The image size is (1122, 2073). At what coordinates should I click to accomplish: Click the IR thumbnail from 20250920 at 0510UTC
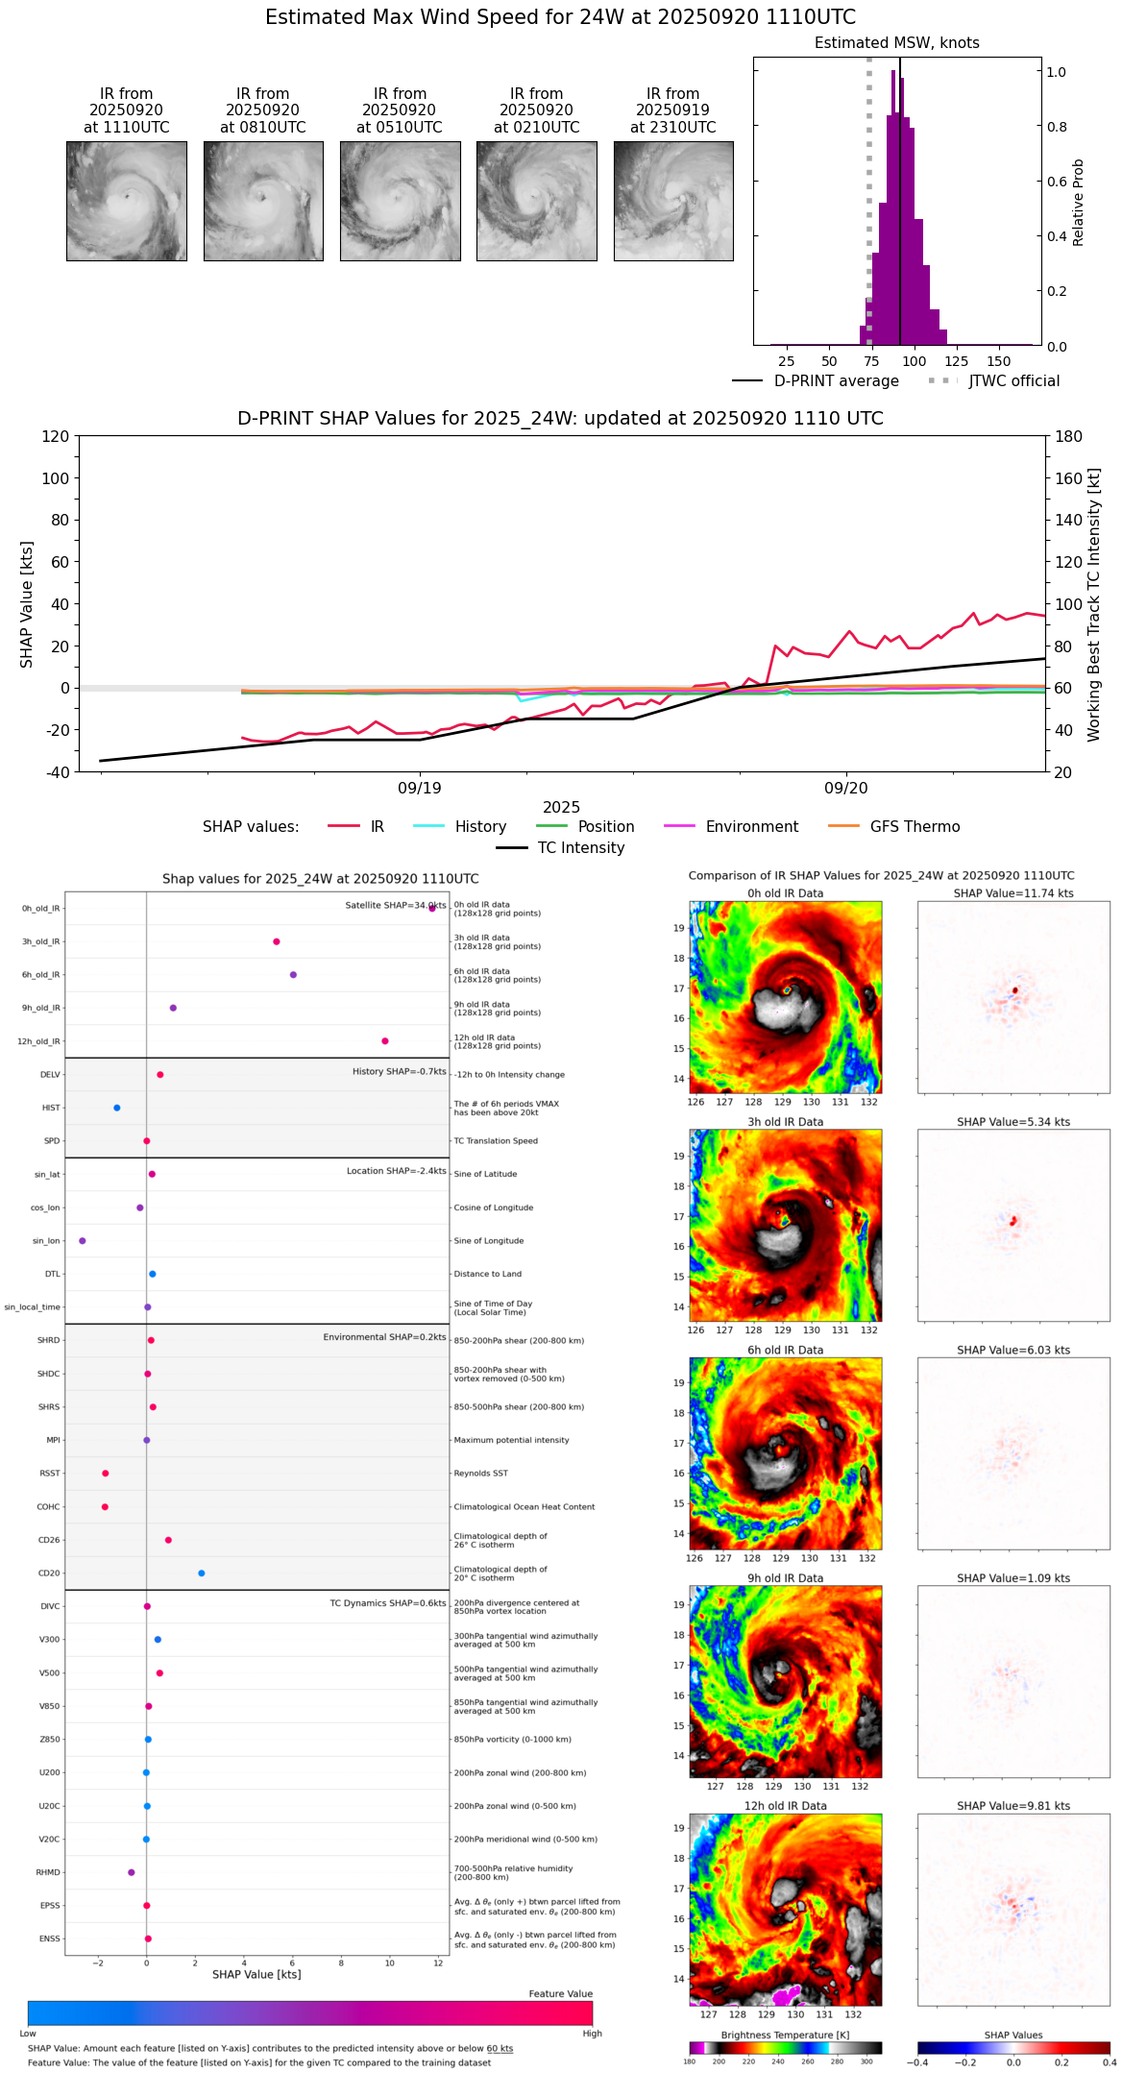[400, 201]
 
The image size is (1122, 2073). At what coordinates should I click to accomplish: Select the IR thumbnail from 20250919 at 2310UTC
[673, 201]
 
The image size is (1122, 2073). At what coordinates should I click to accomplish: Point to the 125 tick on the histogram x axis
[957, 361]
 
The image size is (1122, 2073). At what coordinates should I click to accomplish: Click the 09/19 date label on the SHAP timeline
[420, 789]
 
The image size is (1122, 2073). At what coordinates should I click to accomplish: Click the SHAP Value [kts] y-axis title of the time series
[27, 604]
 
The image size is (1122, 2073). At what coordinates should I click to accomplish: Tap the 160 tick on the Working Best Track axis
[1069, 478]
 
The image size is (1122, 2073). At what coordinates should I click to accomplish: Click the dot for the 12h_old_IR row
[385, 1041]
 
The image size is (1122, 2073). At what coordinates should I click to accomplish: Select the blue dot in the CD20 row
[201, 1573]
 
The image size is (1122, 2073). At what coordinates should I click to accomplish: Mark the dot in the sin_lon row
[83, 1241]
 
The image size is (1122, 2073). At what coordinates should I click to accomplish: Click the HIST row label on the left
[51, 1108]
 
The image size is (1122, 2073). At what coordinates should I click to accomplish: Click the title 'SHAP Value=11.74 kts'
[1013, 893]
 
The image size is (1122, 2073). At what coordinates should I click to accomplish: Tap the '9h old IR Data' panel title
[785, 1578]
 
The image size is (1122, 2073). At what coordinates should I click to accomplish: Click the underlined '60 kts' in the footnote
[500, 2049]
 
